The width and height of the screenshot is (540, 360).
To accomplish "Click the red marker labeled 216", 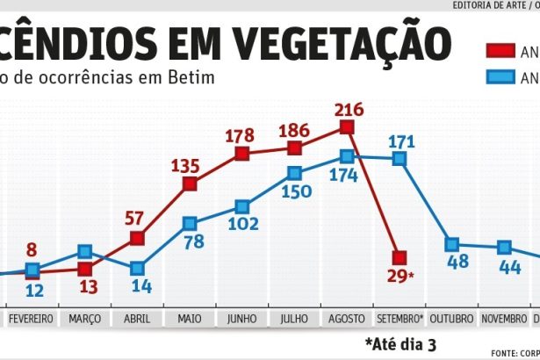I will (347, 127).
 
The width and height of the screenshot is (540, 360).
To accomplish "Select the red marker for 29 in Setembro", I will (400, 257).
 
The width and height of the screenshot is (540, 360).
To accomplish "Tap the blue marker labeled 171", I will (400, 159).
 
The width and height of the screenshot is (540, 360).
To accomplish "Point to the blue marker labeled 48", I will (452, 244).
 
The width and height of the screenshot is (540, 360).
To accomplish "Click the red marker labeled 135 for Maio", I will (190, 184).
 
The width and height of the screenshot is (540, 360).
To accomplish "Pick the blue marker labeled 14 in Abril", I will (137, 269).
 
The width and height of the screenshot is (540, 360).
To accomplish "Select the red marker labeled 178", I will (242, 155).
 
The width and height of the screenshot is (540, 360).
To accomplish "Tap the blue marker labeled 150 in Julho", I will (294, 173).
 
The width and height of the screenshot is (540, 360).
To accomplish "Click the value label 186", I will (292, 130).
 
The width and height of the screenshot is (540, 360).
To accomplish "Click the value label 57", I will (135, 218).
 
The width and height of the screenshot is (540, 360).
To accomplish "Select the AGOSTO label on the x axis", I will (347, 317).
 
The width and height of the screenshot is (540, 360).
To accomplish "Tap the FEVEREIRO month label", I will (32, 317).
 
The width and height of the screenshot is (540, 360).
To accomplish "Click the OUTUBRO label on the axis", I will (452, 317).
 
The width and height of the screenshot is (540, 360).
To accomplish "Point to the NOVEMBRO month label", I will (504, 317).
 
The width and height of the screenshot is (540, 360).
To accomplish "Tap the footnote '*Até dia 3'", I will (401, 342).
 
